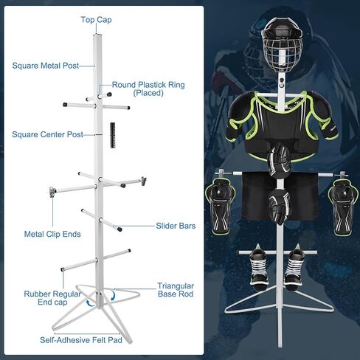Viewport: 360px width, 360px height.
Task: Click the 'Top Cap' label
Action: click(96, 20)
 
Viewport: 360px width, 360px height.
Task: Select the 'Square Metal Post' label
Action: click(46, 66)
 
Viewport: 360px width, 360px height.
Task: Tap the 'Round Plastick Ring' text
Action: click(148, 85)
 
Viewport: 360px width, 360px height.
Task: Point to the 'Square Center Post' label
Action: click(47, 134)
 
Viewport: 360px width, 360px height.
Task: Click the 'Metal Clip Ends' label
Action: click(52, 234)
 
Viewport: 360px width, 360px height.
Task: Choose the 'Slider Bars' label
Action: click(176, 226)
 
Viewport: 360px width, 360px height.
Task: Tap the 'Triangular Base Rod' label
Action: click(176, 290)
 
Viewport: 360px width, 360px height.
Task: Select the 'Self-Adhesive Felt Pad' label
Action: click(81, 340)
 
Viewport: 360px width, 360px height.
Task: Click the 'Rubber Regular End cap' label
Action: click(52, 298)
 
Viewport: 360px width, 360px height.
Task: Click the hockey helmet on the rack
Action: click(283, 44)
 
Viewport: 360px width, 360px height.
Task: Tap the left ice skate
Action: click(258, 269)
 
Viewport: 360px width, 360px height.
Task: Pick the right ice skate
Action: click(294, 268)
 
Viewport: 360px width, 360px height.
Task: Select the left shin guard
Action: click(220, 207)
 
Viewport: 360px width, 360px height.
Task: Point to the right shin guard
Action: click(343, 207)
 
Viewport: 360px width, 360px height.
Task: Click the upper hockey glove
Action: click(280, 160)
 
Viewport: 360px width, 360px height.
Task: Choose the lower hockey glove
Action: click(279, 207)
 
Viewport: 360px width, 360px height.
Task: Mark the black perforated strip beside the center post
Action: click(113, 135)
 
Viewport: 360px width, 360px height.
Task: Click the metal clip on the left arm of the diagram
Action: click(52, 192)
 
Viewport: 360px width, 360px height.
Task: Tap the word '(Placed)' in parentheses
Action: click(148, 93)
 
